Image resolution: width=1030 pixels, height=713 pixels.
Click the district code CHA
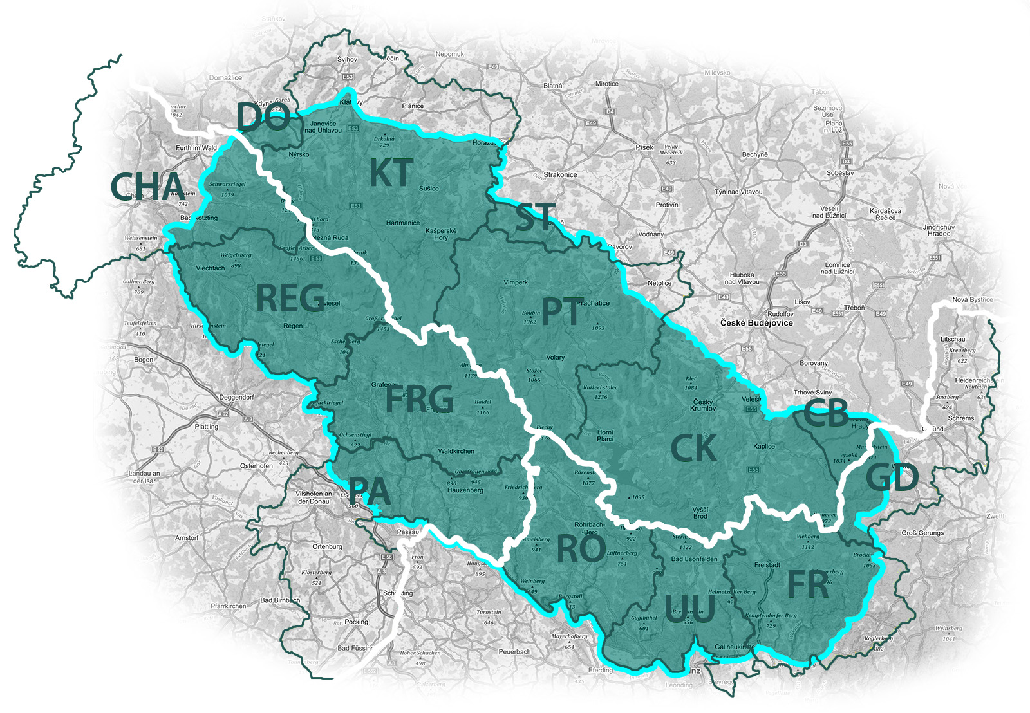[148, 187]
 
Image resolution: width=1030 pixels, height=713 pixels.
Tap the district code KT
[391, 173]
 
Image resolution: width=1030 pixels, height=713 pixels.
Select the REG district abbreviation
[290, 299]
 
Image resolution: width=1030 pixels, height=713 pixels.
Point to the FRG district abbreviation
[419, 399]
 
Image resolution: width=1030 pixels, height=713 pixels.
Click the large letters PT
[563, 311]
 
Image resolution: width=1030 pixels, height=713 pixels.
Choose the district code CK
[693, 449]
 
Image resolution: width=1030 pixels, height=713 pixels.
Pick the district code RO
[581, 549]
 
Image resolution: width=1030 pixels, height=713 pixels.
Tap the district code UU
[689, 609]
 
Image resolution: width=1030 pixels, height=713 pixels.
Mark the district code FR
[808, 585]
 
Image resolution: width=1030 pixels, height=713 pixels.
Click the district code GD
[892, 478]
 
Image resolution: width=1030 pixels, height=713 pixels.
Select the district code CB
[827, 414]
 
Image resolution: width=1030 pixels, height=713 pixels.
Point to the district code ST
[536, 218]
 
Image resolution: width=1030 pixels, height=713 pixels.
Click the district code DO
[263, 118]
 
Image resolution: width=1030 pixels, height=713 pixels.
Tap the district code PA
[370, 492]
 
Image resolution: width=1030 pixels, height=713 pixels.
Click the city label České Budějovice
[756, 323]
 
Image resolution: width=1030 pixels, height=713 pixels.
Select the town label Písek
[644, 147]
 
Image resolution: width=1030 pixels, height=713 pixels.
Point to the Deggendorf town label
[236, 398]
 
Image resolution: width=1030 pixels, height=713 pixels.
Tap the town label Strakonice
[560, 175]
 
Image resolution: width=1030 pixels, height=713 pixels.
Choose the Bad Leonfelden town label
[694, 559]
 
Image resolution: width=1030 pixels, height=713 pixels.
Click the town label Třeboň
[854, 308]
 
